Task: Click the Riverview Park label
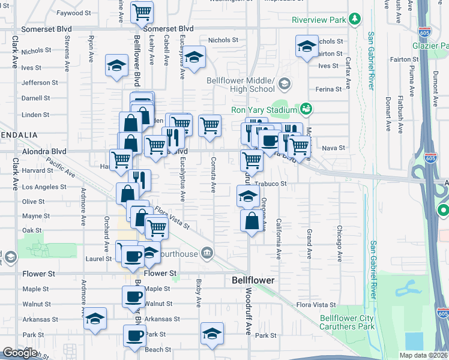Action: pos(319,20)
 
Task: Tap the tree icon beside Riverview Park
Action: pos(356,20)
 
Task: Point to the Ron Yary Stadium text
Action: pos(264,110)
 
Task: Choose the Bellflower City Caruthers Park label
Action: pos(346,322)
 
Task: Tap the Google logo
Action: pos(20,353)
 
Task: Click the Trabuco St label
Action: pos(271,184)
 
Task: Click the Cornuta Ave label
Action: pos(213,175)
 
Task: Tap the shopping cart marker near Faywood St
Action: pos(142,12)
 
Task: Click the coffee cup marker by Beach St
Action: pos(134,335)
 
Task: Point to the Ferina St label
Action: pos(328,89)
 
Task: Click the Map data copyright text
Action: pos(424,355)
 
